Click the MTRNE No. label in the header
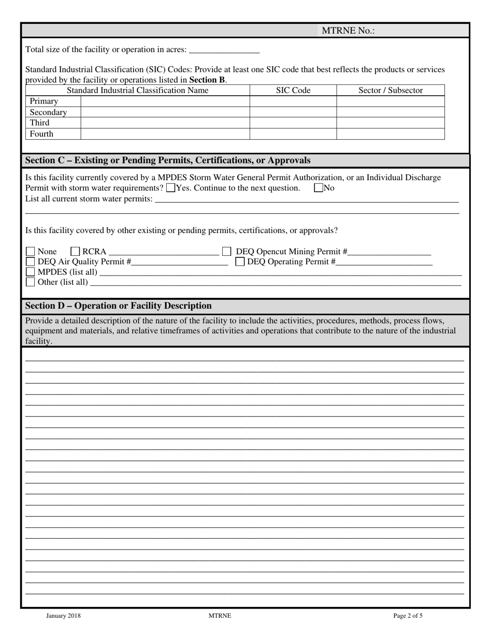[348, 31]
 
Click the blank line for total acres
[224, 50]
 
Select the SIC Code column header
[293, 91]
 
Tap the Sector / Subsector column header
[390, 91]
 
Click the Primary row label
[44, 101]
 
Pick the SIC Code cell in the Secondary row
[293, 112]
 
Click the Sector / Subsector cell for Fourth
[390, 134]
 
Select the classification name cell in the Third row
[165, 123]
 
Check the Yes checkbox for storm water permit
[171, 189]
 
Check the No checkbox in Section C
[319, 189]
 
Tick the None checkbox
[31, 252]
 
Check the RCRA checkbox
[76, 252]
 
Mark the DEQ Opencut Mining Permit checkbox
[226, 252]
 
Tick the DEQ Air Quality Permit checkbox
[31, 262]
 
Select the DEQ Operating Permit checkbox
[240, 262]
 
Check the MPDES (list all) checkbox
[31, 272]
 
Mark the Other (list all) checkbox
[31, 282]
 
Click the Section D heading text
[118, 306]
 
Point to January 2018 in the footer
[63, 616]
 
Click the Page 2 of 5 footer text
[408, 616]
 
